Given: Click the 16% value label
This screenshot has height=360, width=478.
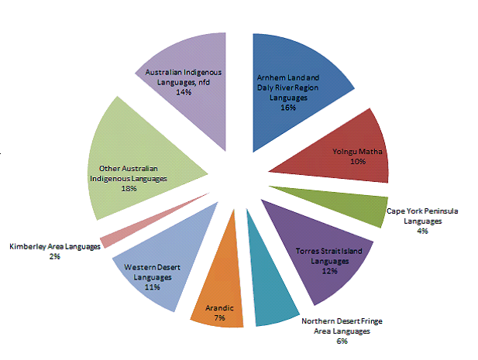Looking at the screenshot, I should click(289, 108).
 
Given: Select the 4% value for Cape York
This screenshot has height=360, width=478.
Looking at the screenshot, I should click(422, 230).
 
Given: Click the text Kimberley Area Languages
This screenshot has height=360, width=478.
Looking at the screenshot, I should click(55, 246).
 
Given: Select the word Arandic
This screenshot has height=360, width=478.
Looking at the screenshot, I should click(218, 307).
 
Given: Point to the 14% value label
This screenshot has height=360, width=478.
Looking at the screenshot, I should click(184, 91).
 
